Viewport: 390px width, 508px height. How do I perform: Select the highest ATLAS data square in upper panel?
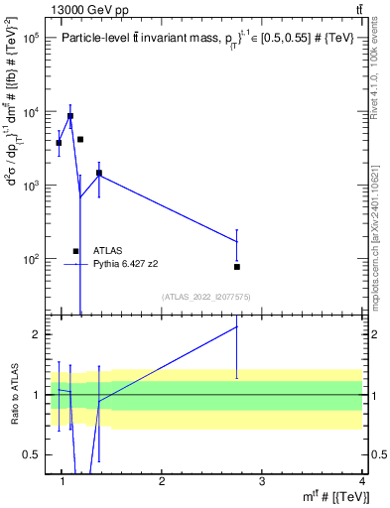69,116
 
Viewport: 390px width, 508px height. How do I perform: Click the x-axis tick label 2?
162,481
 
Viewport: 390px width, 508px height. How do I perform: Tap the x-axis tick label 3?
262,481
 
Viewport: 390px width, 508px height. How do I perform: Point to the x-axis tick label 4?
361,481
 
